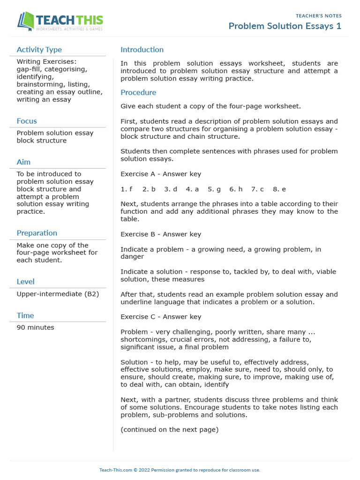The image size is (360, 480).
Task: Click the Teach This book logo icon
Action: pyautogui.click(x=26, y=21)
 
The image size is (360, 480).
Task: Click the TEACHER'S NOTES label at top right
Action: pyautogui.click(x=318, y=16)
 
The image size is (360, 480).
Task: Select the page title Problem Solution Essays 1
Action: pyautogui.click(x=285, y=26)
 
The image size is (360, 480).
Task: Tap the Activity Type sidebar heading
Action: pyautogui.click(x=39, y=50)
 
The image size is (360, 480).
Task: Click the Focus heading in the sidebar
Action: pyautogui.click(x=27, y=121)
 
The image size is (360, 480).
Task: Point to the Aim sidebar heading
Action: pyautogui.click(x=23, y=162)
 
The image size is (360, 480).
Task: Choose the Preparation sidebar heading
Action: pyautogui.click(x=37, y=233)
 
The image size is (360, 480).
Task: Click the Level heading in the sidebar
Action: pyautogui.click(x=25, y=282)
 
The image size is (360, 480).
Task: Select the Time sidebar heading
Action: pyautogui.click(x=25, y=315)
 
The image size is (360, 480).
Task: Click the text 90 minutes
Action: pyautogui.click(x=35, y=327)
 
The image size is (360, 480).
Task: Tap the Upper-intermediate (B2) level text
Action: pyautogui.click(x=58, y=294)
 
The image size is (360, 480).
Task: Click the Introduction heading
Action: pyautogui.click(x=142, y=50)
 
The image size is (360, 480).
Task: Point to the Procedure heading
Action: pyautogui.click(x=138, y=92)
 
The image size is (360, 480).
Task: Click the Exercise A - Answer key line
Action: pyautogui.click(x=161, y=174)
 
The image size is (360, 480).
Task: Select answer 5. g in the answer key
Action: pyautogui.click(x=214, y=189)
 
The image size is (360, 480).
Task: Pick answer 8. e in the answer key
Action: pyautogui.click(x=279, y=189)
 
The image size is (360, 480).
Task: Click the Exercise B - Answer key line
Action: pyautogui.click(x=161, y=234)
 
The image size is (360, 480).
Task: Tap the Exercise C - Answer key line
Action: pyautogui.click(x=161, y=317)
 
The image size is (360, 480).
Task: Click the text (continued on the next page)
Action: pyautogui.click(x=169, y=429)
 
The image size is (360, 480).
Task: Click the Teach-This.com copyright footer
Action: pyautogui.click(x=180, y=470)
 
